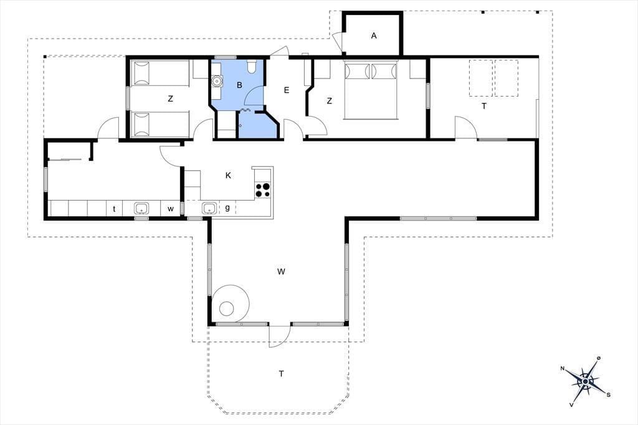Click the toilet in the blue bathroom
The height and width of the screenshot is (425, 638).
[251, 66]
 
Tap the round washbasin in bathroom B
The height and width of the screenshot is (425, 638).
[217, 82]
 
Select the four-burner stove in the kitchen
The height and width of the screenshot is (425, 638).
[263, 189]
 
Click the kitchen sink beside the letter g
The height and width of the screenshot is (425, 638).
[209, 208]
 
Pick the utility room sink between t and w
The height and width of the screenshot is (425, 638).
[141, 208]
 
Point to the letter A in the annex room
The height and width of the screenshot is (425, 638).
[374, 36]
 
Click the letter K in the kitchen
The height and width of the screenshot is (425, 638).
[228, 176]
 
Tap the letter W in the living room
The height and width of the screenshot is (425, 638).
[281, 272]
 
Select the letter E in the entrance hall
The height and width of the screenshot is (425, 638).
[287, 90]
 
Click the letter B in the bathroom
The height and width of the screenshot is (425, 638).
[239, 85]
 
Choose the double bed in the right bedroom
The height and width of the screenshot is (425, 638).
[370, 90]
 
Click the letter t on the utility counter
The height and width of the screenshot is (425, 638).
[114, 209]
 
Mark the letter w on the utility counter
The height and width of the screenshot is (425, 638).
[171, 209]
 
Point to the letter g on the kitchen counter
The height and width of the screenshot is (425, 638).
[227, 208]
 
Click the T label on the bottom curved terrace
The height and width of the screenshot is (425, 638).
[281, 373]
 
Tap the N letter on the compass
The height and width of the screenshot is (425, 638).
[563, 368]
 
